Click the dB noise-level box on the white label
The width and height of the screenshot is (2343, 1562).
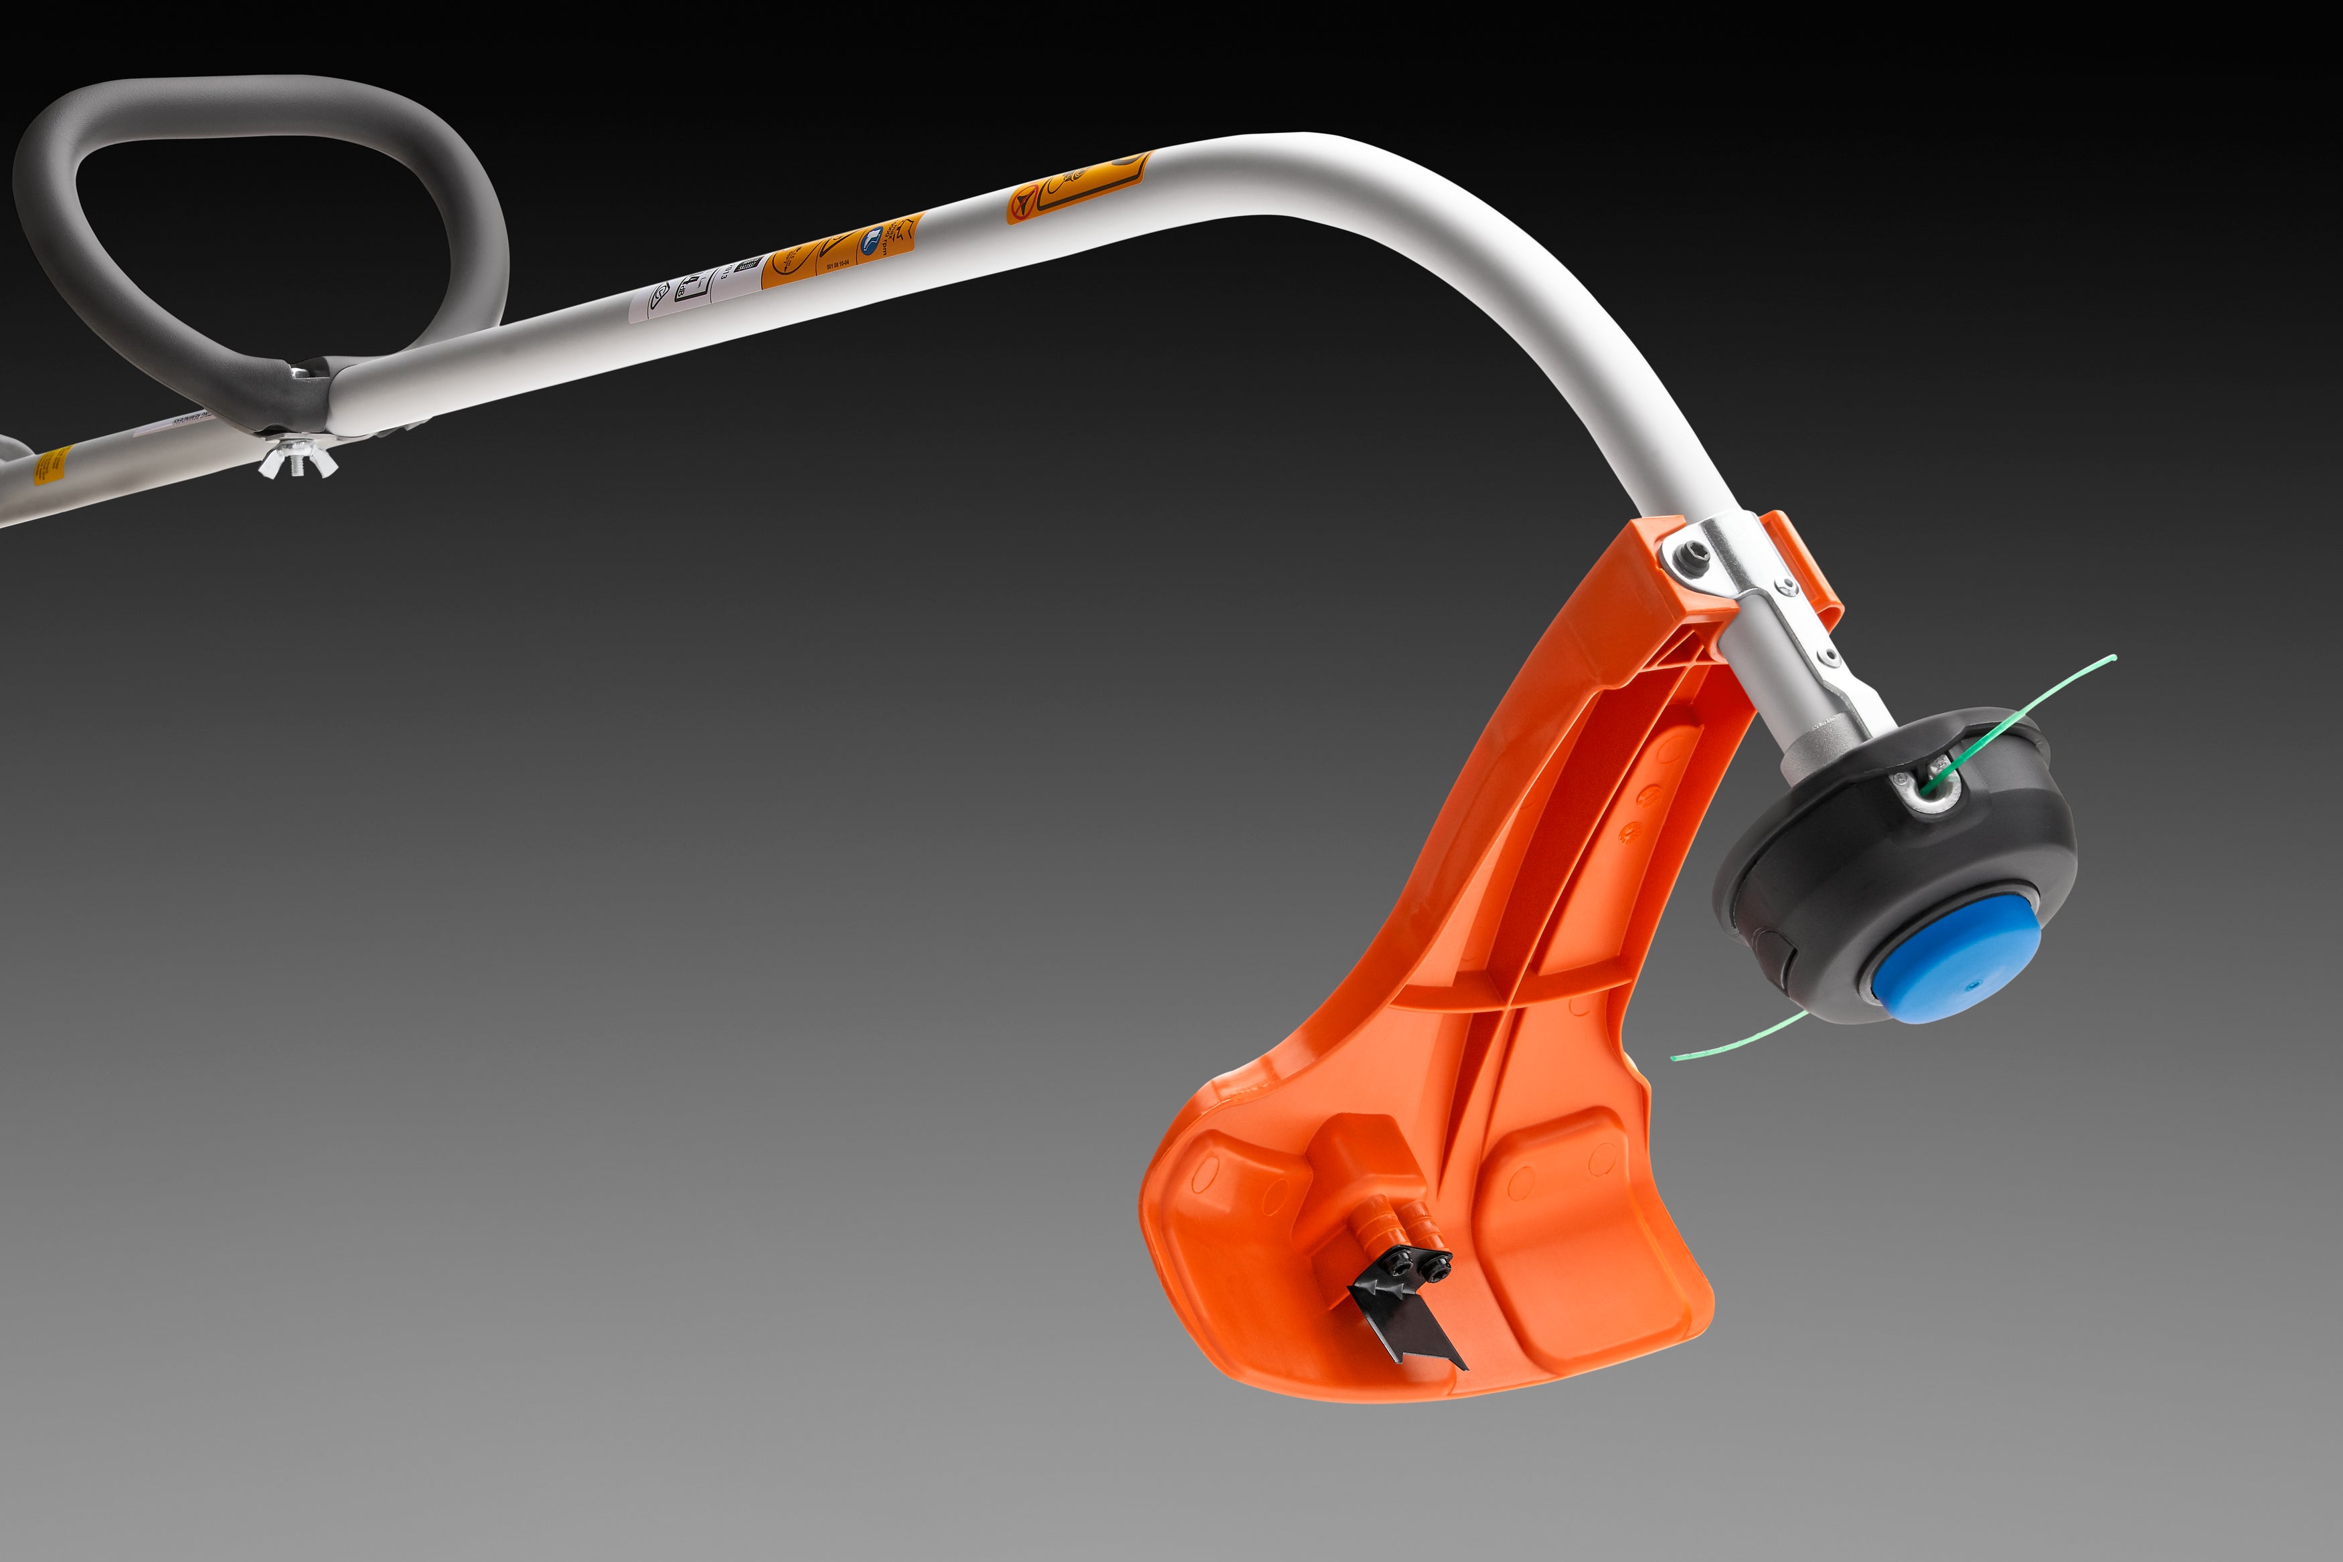pos(692,289)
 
